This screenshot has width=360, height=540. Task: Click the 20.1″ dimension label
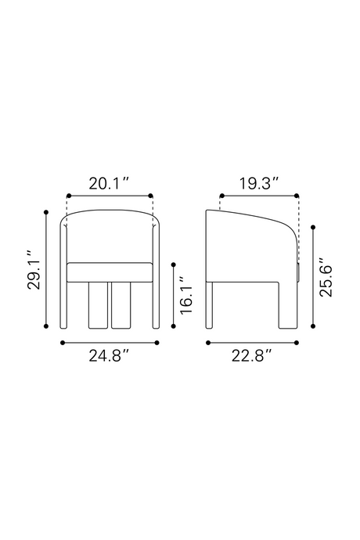109,183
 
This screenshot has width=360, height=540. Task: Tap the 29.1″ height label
34,270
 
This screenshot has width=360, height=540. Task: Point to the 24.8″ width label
109,356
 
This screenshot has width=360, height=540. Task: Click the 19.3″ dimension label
259,183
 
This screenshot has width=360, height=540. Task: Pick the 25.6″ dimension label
326,276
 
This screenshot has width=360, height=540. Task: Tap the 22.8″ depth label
251,356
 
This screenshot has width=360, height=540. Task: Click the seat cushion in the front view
110,272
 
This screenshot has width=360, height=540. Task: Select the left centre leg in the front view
98,305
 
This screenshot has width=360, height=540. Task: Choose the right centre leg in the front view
121,305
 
